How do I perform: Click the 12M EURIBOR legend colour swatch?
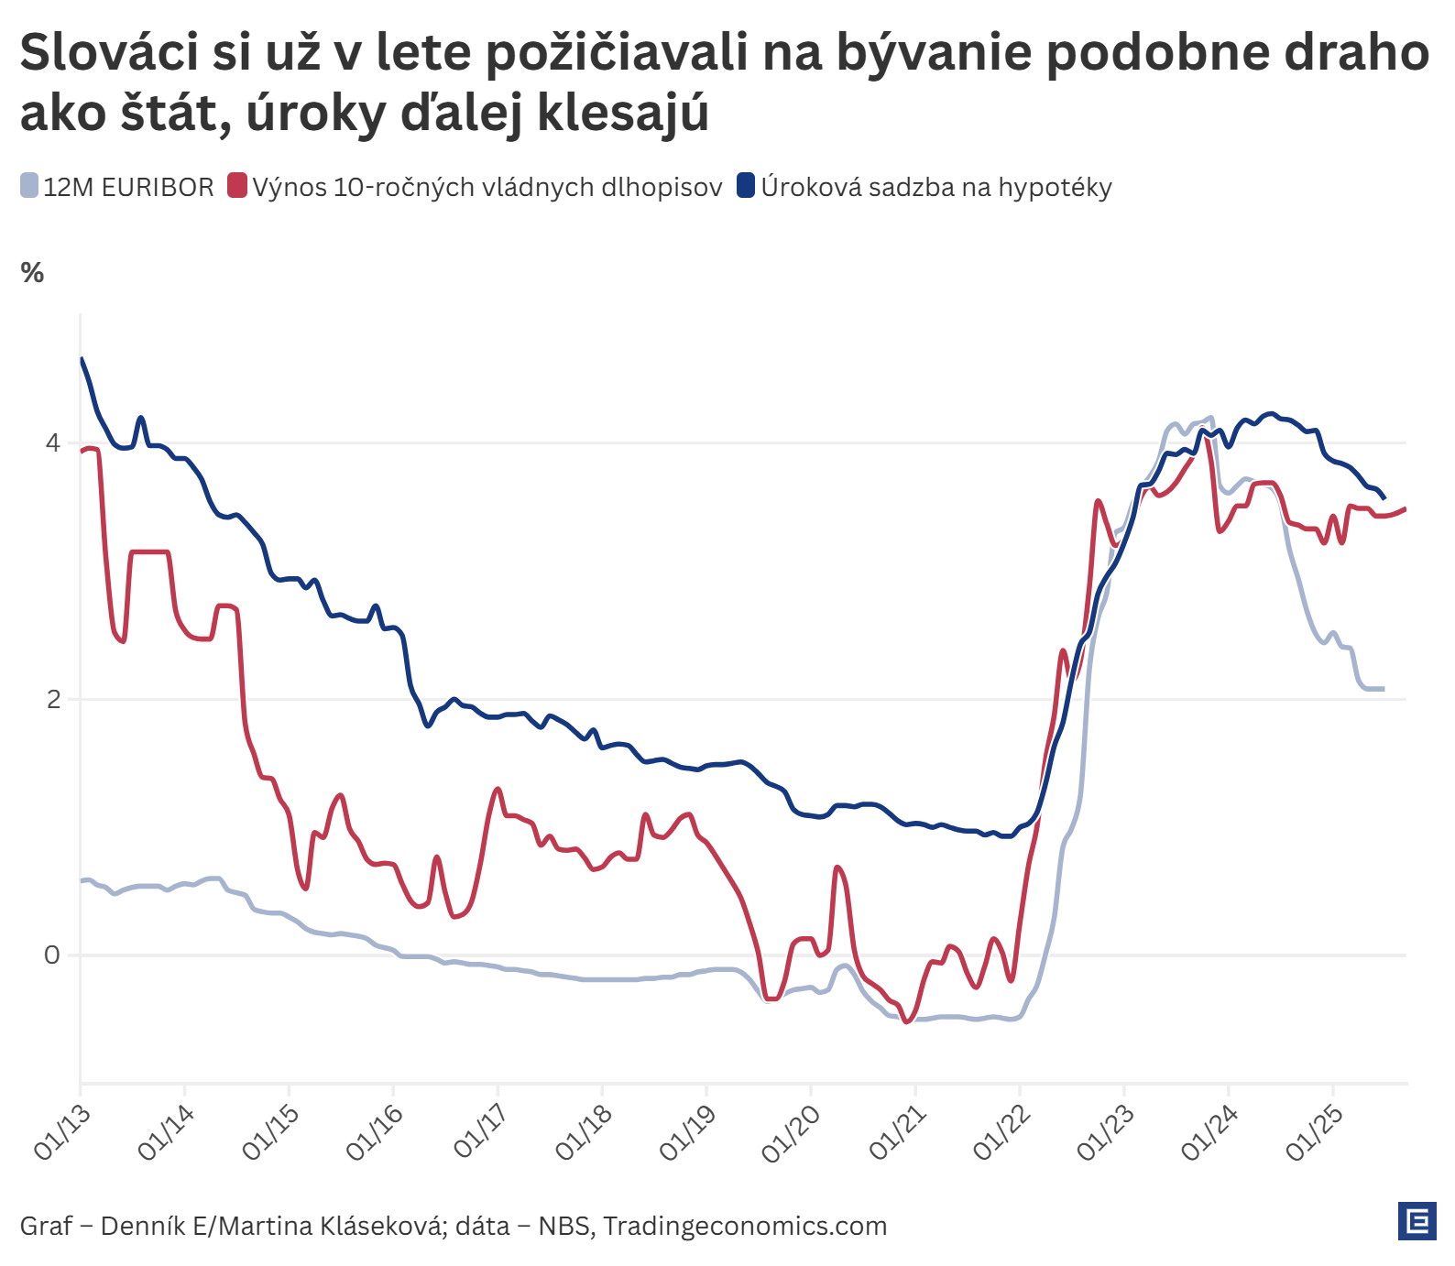point(29,186)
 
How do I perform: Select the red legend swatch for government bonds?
point(237,186)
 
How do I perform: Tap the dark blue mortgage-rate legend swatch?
point(746,186)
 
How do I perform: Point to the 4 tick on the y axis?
point(52,443)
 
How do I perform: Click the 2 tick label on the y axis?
point(52,700)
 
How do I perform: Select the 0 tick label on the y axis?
point(52,955)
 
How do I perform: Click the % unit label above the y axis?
point(32,273)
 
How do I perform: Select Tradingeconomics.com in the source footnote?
point(745,1226)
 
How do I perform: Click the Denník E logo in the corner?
point(1417,1221)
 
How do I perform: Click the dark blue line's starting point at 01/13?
point(82,359)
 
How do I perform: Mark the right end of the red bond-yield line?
point(1405,509)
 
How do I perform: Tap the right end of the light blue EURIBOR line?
point(1383,688)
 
